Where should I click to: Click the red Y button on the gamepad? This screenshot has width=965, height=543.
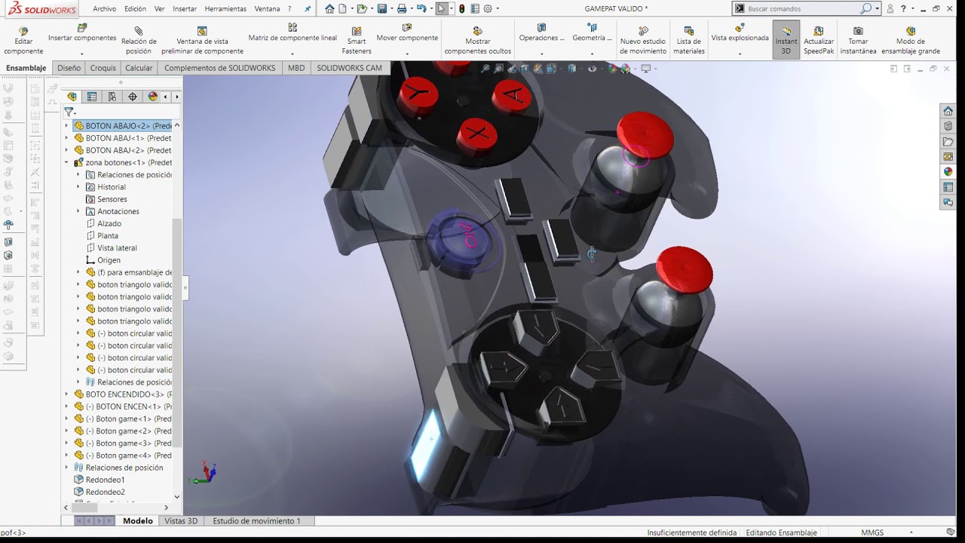(x=418, y=96)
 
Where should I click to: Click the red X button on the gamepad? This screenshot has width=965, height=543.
(x=476, y=135)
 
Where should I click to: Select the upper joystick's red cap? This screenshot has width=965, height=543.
(x=645, y=135)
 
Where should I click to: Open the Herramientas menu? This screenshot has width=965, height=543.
(x=225, y=9)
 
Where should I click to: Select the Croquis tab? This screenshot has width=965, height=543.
(x=103, y=68)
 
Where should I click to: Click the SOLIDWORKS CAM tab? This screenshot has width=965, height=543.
(x=349, y=68)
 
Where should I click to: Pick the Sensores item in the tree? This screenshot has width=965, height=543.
(x=112, y=199)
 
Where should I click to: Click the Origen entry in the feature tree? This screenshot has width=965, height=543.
(x=109, y=260)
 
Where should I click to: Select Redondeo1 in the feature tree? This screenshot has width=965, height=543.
(x=105, y=480)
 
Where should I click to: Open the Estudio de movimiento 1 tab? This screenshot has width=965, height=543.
(x=256, y=521)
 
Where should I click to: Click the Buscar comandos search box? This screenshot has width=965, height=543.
(x=802, y=9)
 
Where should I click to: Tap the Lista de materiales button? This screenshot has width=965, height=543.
(x=688, y=41)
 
